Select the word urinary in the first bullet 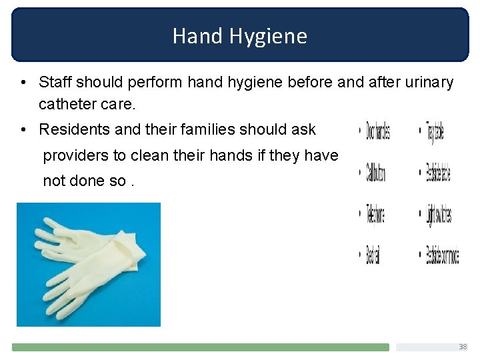pos(429,83)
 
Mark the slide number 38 pos(463,347)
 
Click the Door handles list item pos(377,131)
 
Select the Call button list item pos(375,173)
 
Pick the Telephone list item pos(375,215)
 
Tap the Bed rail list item pos(373,255)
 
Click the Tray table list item pos(434,131)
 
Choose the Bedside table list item pos(438,173)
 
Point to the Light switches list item pos(439,215)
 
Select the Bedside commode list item pos(442,255)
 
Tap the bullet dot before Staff pos(23,83)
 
